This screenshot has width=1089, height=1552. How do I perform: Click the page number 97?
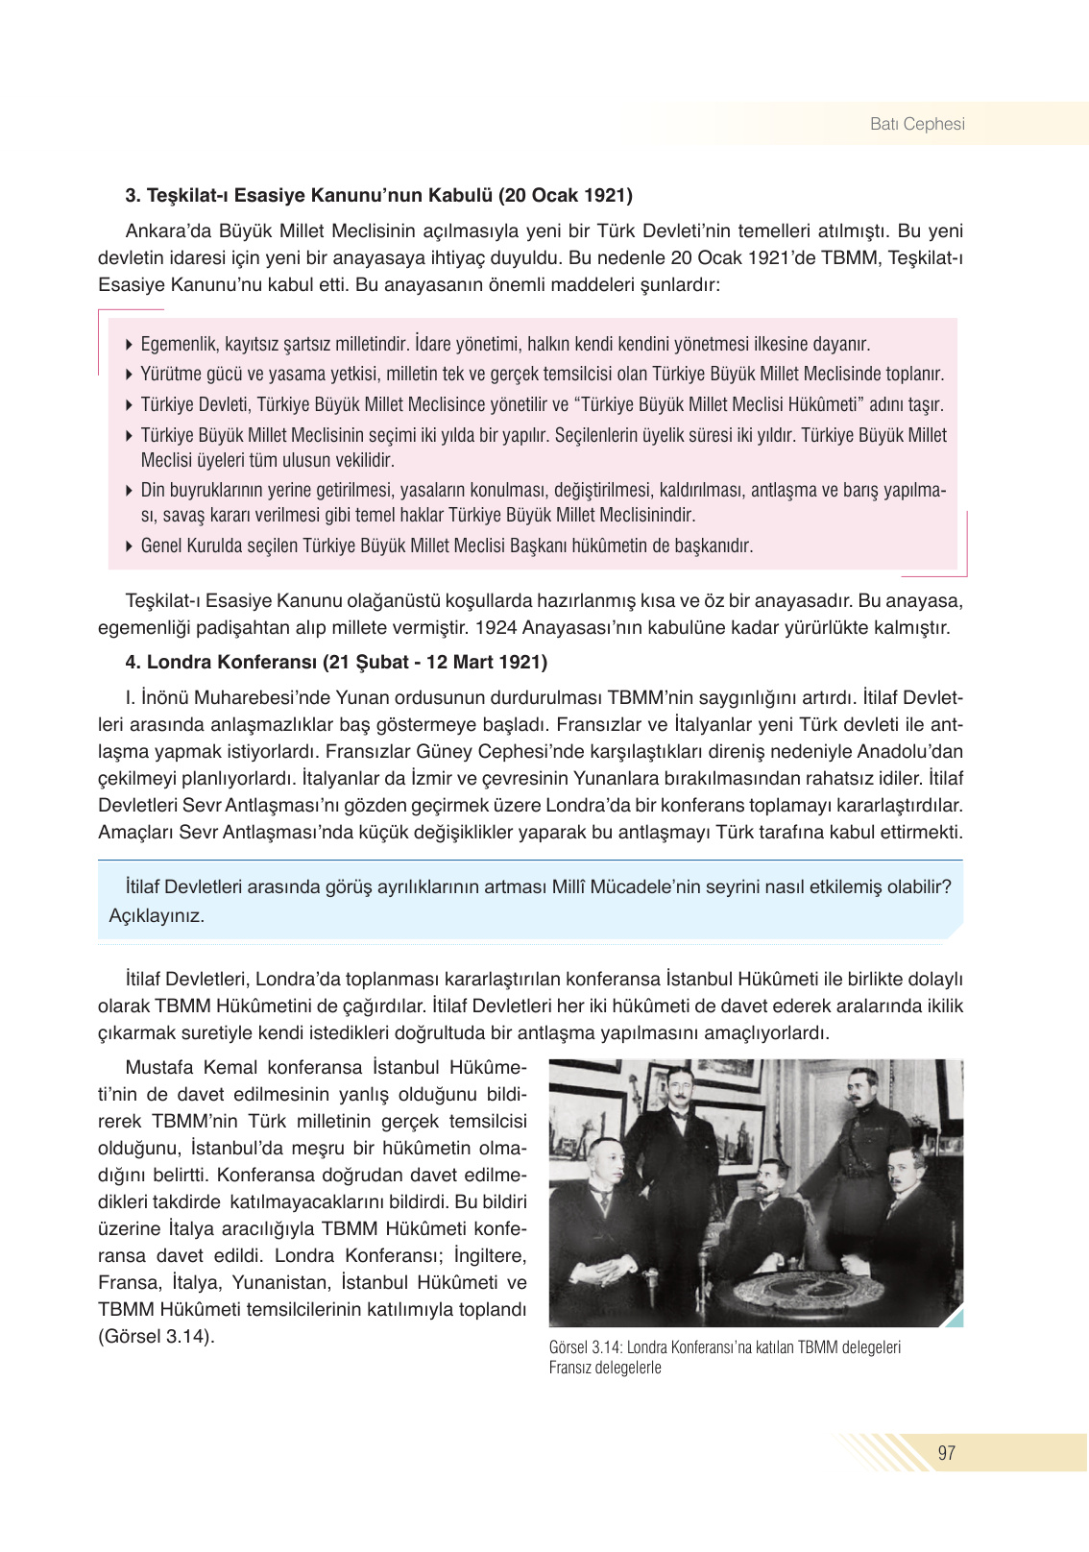pos(947,1452)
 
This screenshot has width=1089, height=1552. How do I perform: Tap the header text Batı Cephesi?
pos(917,124)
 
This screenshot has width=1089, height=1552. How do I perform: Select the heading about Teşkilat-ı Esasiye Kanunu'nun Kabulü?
pos(378,196)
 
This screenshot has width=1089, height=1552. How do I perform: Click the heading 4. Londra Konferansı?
pos(336,662)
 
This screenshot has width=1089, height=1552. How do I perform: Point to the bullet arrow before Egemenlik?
pos(130,344)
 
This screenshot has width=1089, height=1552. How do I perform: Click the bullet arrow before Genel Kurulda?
pos(130,546)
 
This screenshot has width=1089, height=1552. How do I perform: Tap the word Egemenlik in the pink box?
pos(179,344)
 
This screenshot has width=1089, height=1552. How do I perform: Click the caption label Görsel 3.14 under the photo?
pos(585,1347)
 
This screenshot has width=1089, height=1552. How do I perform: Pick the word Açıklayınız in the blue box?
pos(157,915)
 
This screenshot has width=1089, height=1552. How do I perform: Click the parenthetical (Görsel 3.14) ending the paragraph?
pos(157,1336)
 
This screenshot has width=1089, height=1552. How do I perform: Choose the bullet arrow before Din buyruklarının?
pos(130,491)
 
